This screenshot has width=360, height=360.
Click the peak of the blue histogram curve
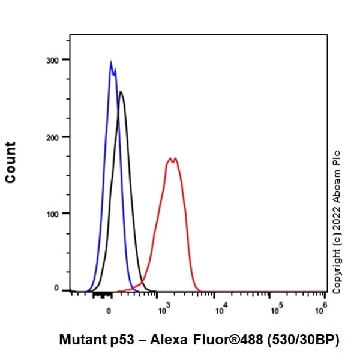111,62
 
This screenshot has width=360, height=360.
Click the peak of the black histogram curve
121,92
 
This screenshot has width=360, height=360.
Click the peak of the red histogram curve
172,159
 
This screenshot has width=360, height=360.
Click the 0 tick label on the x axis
109,311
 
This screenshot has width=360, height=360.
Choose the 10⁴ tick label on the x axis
220,310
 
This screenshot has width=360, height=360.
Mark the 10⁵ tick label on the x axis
275,310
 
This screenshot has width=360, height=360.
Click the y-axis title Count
11,162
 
